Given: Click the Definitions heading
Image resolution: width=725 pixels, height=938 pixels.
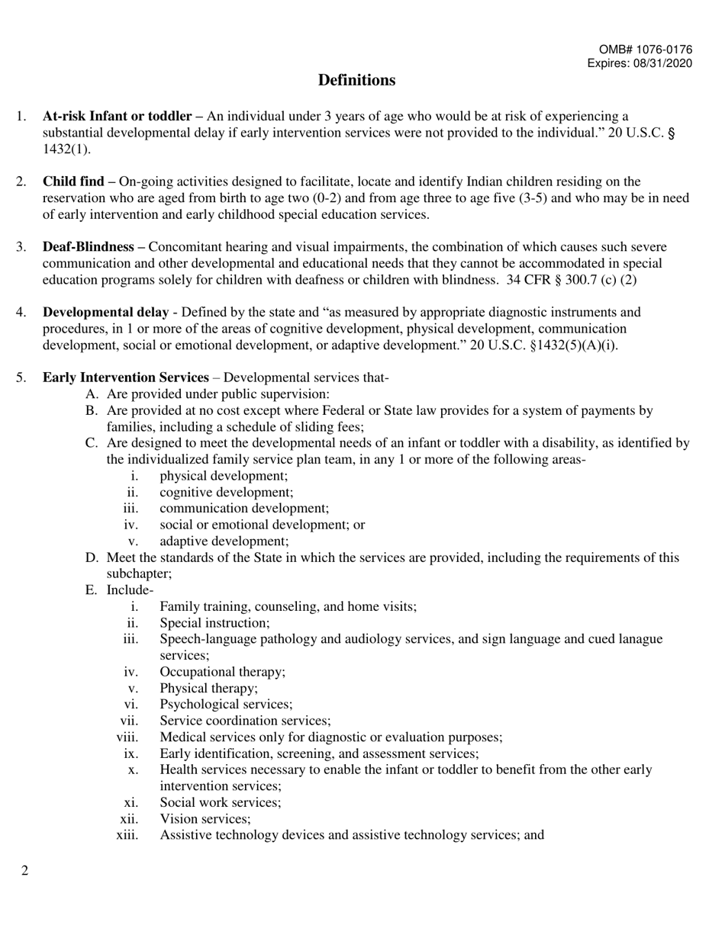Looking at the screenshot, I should coord(356,80).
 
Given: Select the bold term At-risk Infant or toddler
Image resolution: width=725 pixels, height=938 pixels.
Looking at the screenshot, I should coord(117,117).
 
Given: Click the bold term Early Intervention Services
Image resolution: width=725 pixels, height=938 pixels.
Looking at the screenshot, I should coord(125,377).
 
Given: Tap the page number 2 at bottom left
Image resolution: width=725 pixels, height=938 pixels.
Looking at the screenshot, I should coord(25,871).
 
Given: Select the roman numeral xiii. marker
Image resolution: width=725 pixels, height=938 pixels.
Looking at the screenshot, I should coord(127,835).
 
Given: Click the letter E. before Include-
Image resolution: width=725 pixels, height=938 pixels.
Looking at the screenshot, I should coord(92,590).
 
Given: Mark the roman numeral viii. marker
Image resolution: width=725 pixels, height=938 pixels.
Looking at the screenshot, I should coord(127,737).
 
